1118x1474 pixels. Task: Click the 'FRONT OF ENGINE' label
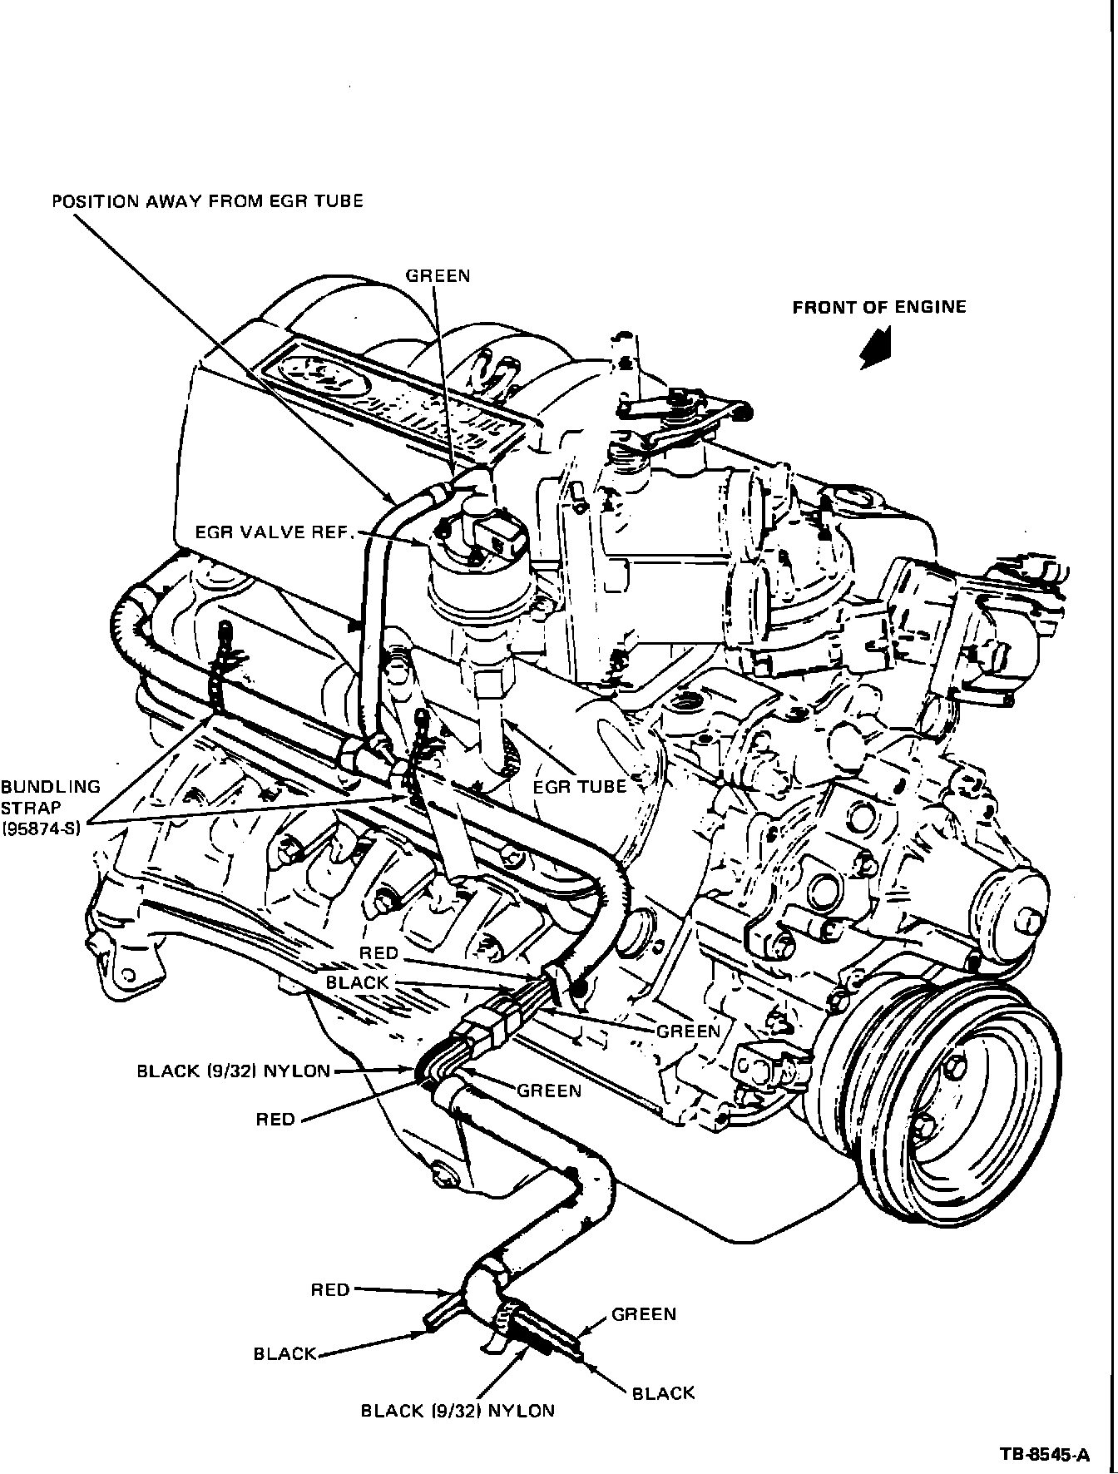878,308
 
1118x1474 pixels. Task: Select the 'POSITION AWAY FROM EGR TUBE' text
208,201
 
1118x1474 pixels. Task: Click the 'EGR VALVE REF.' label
270,532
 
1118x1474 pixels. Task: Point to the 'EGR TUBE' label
579,785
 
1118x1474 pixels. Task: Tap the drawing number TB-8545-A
1045,1455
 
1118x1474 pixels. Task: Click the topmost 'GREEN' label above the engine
438,276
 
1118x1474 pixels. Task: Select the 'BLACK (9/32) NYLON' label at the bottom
457,1410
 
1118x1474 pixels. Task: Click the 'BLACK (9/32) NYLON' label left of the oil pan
234,1071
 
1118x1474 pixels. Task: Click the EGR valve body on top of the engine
474,582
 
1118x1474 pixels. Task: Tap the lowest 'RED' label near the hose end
330,1289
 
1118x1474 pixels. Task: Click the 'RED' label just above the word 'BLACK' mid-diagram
379,952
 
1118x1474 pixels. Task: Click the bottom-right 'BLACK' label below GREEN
663,1393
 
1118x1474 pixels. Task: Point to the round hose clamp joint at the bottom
482,1309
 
